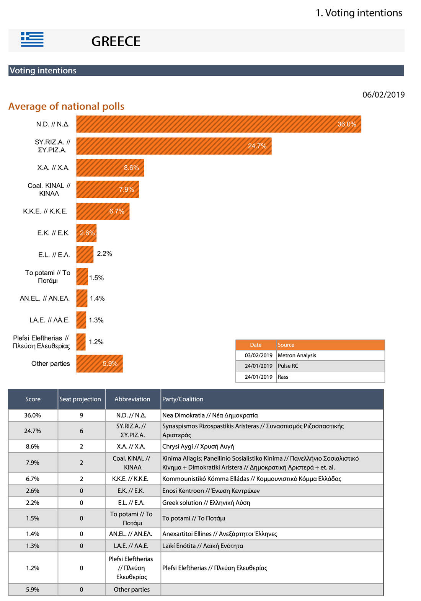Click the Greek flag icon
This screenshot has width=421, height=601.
32,39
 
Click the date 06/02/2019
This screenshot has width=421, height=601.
383,95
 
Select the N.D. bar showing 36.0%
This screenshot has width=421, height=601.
218,124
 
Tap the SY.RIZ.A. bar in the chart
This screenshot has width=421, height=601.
173,146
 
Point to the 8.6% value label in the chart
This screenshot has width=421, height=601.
131,168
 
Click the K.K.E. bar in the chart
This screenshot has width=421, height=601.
103,211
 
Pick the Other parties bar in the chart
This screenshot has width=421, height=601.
99,363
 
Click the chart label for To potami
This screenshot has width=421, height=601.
48,277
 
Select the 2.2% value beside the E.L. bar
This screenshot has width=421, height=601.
104,254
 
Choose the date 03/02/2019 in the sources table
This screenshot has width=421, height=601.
258,355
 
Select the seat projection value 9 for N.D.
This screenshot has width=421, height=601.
81,415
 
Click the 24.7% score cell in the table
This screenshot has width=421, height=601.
33,431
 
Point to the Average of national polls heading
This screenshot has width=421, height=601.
66,106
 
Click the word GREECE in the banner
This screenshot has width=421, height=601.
116,41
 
